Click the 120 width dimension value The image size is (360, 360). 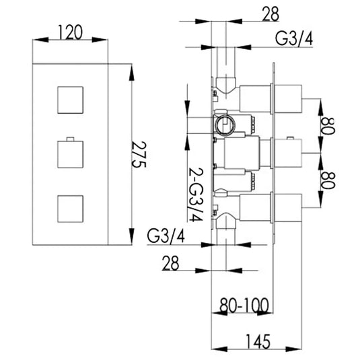coord(71,30)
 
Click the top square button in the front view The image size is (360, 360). coord(70,99)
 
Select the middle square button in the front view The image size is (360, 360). coord(70,155)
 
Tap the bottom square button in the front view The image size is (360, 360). coord(70,208)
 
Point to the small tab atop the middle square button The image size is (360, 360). coord(70,140)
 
